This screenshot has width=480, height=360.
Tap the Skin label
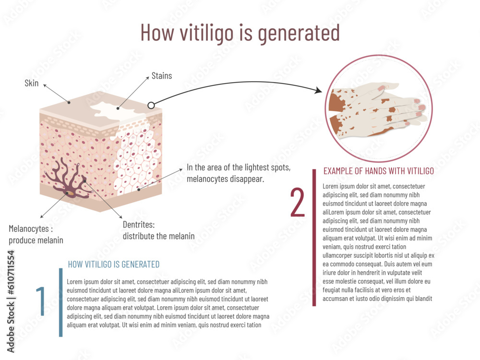tap(32, 83)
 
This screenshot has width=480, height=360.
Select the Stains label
tap(162, 75)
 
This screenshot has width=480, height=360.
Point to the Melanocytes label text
tap(29, 228)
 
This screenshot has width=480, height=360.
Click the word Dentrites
tap(139, 224)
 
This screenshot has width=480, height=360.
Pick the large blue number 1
tap(41, 301)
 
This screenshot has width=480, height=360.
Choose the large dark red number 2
tap(298, 203)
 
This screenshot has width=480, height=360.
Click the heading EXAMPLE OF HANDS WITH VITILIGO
tap(379, 171)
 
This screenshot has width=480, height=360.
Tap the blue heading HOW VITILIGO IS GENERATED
tap(114, 264)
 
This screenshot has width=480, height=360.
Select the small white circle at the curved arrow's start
tap(151, 105)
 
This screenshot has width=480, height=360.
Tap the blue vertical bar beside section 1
tap(61, 302)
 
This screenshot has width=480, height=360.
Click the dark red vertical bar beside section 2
tap(314, 238)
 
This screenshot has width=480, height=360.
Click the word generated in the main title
tap(299, 32)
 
